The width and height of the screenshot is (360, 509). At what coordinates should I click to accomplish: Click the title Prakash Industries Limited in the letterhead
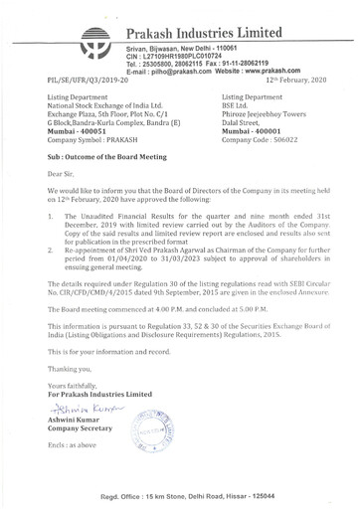[227, 19]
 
